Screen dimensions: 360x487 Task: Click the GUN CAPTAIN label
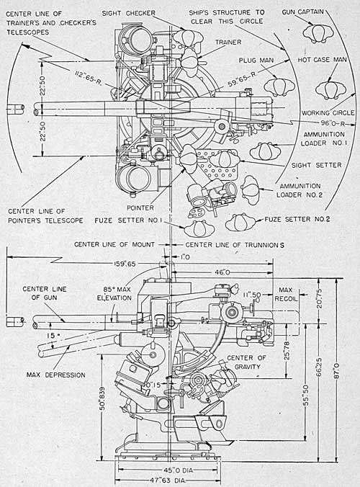[x=302, y=12]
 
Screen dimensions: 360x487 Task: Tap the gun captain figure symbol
[x=318, y=32]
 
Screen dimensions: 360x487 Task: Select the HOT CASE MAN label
[x=322, y=60]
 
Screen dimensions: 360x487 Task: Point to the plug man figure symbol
[x=279, y=87]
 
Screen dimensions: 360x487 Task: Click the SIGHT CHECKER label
[x=128, y=14]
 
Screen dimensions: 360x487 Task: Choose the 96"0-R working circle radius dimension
[x=333, y=123]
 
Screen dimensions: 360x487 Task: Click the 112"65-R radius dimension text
[x=89, y=79]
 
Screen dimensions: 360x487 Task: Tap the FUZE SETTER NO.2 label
[x=297, y=219]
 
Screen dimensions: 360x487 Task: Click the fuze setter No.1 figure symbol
[x=199, y=229]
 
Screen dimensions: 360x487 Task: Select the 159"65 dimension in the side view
[x=124, y=264]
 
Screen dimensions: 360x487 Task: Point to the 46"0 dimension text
[x=222, y=272]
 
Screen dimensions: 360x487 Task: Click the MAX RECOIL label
[x=286, y=294]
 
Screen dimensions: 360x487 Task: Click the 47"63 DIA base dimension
[x=168, y=481]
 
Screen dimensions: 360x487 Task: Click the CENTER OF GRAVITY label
[x=247, y=362]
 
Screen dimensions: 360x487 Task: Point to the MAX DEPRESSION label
[x=56, y=375]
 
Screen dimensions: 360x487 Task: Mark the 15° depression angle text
[x=50, y=336]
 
